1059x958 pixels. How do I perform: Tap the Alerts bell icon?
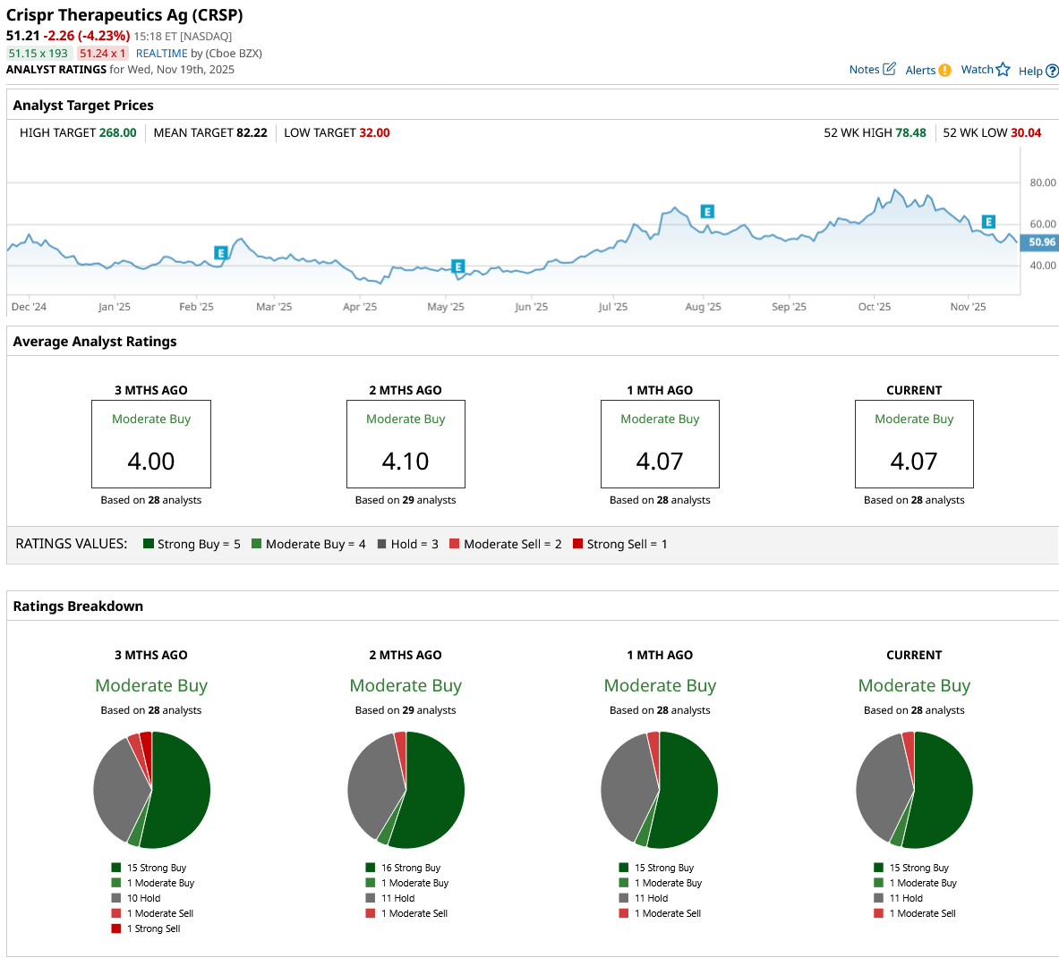[x=945, y=71]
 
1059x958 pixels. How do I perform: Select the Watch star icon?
[x=1003, y=70]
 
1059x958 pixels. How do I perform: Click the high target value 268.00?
[x=117, y=132]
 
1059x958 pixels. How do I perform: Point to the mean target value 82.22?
[x=252, y=132]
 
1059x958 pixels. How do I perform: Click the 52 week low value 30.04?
[x=1026, y=132]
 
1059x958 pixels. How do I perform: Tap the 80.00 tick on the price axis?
[x=1043, y=182]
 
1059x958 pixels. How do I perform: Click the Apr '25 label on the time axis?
[x=360, y=307]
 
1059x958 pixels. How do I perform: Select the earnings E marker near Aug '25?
[x=707, y=212]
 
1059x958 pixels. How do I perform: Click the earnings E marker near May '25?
[x=457, y=267]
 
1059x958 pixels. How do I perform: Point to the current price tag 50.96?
[x=1041, y=242]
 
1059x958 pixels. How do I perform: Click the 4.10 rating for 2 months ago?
[x=406, y=462]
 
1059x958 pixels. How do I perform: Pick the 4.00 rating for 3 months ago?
[x=151, y=462]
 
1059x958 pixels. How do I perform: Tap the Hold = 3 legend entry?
[x=408, y=544]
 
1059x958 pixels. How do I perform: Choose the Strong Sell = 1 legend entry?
[x=620, y=544]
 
